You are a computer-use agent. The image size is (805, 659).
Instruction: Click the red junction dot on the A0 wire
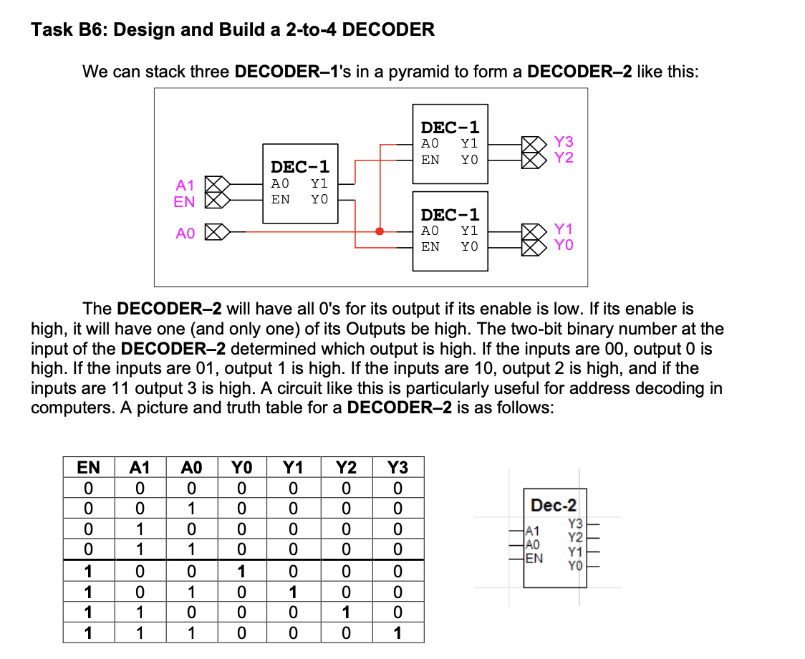tap(380, 231)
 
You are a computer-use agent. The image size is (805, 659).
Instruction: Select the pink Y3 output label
tap(564, 143)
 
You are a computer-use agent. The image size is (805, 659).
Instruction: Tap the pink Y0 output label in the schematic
tap(564, 246)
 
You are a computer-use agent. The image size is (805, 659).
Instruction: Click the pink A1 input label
tap(185, 186)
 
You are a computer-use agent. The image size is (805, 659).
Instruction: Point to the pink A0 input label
tap(185, 233)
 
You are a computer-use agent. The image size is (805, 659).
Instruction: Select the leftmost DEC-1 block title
tap(300, 167)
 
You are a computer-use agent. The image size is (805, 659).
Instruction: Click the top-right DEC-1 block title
tap(450, 128)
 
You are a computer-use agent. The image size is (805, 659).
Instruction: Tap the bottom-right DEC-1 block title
tap(450, 215)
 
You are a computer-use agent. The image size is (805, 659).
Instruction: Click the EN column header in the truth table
tap(88, 468)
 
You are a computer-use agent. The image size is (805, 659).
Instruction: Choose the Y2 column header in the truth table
tap(346, 468)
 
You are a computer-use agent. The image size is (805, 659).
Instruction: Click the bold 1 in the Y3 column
tap(397, 633)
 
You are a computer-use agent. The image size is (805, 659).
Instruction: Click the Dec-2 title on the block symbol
tap(553, 505)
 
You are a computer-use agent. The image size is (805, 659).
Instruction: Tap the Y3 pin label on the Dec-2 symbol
tap(574, 524)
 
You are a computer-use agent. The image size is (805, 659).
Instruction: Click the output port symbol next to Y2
tap(531, 158)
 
